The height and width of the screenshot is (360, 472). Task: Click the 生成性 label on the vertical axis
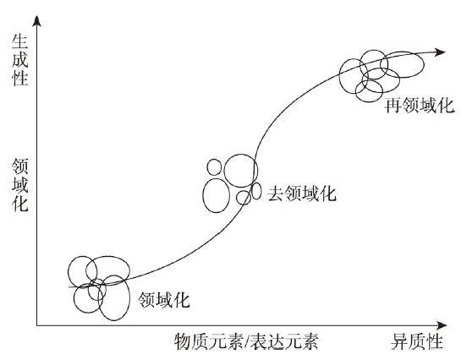pyautogui.click(x=19, y=61)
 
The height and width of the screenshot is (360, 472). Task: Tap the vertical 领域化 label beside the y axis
pyautogui.click(x=19, y=186)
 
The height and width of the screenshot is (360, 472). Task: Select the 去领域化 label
pyautogui.click(x=302, y=193)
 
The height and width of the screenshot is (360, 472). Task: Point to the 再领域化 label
pyautogui.click(x=420, y=106)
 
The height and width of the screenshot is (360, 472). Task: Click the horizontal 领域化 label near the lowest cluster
pyautogui.click(x=164, y=299)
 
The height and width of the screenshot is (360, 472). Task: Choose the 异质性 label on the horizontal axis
pyautogui.click(x=417, y=341)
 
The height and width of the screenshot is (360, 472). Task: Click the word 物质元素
pyautogui.click(x=209, y=341)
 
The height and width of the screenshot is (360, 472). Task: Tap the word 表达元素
pyautogui.click(x=284, y=341)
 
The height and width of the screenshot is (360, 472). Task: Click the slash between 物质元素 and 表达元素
pyautogui.click(x=246, y=341)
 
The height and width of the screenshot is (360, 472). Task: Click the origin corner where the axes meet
pyautogui.click(x=36, y=325)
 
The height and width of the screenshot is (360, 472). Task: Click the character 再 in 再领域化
pyautogui.click(x=394, y=106)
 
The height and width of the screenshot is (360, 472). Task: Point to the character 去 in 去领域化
pyautogui.click(x=276, y=193)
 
